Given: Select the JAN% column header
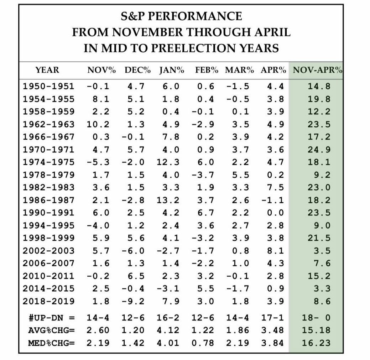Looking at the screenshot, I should tap(172, 70).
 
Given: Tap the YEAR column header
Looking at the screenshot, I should tap(47, 70).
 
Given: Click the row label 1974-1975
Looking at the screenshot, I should tap(49, 162).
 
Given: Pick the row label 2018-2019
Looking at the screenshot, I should tap(49, 301).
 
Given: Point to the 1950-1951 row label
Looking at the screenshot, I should tap(49, 86).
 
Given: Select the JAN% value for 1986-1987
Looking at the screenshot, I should tap(168, 200).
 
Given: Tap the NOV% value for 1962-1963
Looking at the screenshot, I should tap(98, 124).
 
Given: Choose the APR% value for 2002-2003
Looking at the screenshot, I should tap(275, 251).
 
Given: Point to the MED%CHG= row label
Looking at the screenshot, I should tap(51, 343).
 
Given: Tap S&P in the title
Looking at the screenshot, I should tap(134, 16).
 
